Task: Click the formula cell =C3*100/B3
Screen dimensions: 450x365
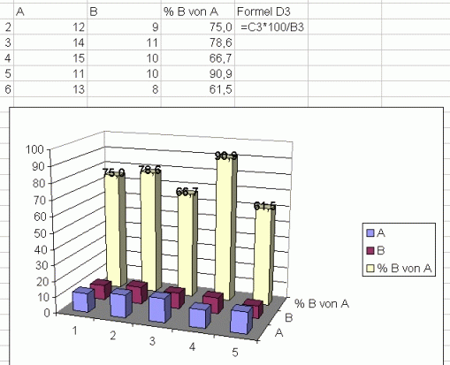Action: (x=272, y=27)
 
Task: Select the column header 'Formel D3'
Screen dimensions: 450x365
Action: (x=263, y=11)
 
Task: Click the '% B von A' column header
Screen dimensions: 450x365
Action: (x=191, y=11)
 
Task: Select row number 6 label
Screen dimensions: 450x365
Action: (x=8, y=89)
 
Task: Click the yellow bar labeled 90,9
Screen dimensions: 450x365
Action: (x=226, y=228)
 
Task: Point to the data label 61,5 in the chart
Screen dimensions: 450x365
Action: (x=264, y=206)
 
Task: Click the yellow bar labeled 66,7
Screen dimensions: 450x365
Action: (x=187, y=245)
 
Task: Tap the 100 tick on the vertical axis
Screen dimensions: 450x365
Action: (x=34, y=149)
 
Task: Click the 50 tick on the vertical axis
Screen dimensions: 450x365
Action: (x=40, y=233)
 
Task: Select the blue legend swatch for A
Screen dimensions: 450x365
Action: (x=370, y=233)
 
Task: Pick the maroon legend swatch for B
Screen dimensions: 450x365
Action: (x=370, y=251)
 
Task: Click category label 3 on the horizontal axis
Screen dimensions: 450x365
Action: (x=152, y=341)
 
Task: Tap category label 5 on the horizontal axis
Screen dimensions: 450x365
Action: (x=235, y=353)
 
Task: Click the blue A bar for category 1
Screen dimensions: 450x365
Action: (x=83, y=300)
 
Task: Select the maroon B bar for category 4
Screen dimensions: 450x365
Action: (x=213, y=302)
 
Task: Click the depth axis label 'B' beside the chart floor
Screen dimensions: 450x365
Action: (x=289, y=318)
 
